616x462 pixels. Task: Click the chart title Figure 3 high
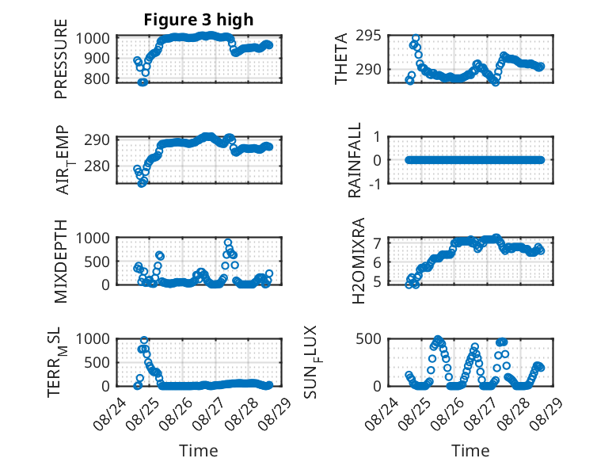(x=199, y=20)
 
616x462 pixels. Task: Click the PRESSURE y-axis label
(x=61, y=59)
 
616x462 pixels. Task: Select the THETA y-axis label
(x=341, y=59)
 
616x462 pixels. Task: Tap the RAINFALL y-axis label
(x=355, y=160)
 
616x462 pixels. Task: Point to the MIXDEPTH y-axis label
(x=61, y=261)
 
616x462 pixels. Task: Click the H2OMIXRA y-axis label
(x=359, y=261)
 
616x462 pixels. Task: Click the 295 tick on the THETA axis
(x=368, y=36)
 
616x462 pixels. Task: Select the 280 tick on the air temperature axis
(x=97, y=166)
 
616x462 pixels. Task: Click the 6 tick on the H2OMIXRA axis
(x=378, y=262)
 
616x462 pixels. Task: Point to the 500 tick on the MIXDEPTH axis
(x=97, y=262)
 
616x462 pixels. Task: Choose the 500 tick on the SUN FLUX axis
(x=368, y=338)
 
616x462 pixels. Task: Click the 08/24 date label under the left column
(x=109, y=414)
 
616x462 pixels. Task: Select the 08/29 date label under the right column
(x=546, y=414)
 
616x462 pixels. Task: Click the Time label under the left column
(x=199, y=451)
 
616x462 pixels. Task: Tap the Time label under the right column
(x=470, y=451)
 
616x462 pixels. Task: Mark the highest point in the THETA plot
(x=416, y=39)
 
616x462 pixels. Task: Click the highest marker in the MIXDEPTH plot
(x=228, y=242)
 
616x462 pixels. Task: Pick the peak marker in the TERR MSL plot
(x=144, y=340)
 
